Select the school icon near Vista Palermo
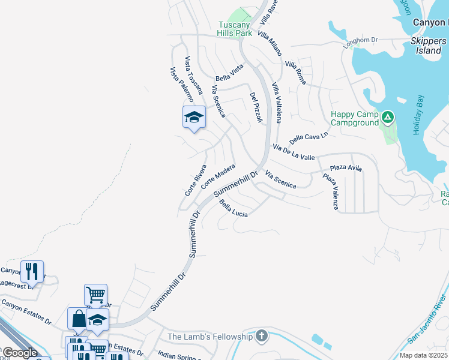[194, 117]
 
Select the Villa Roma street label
[295, 73]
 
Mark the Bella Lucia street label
[234, 209]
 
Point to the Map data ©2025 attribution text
[424, 355]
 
